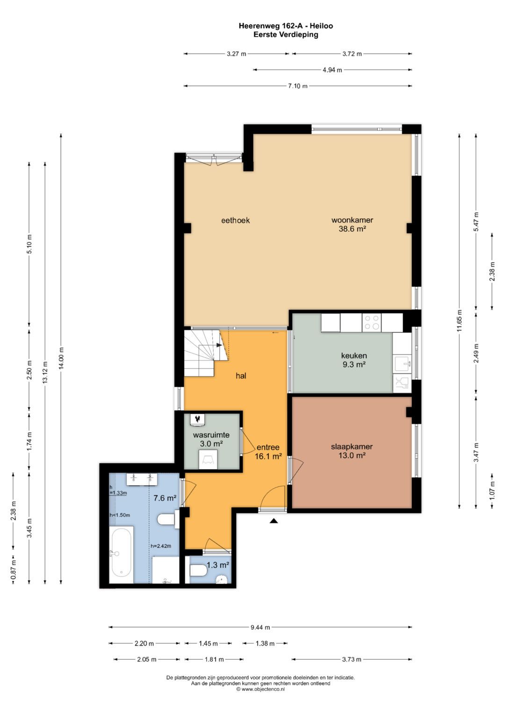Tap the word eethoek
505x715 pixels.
click(x=235, y=220)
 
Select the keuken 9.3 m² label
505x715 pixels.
click(x=354, y=360)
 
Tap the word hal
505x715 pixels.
click(x=241, y=376)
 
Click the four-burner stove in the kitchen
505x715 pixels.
click(x=372, y=323)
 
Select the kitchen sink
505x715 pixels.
click(x=402, y=363)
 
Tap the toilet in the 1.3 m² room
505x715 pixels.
click(x=199, y=570)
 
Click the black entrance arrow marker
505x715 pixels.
click(x=274, y=521)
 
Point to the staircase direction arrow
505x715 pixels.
click(x=219, y=345)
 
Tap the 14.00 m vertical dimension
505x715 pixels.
click(x=61, y=358)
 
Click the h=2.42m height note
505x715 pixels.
click(x=161, y=546)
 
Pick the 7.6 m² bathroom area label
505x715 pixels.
click(x=165, y=498)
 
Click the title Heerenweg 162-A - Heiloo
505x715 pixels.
click(x=286, y=26)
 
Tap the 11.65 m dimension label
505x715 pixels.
click(x=459, y=320)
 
